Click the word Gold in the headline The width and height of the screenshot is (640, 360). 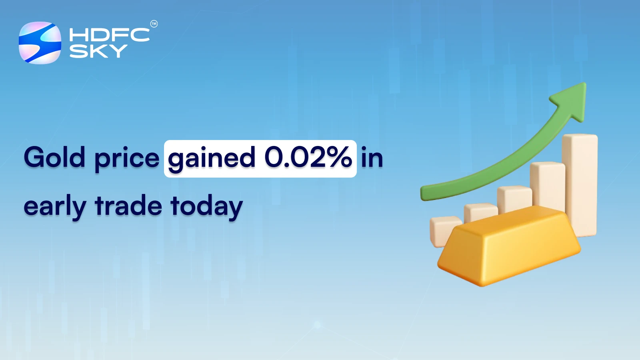pyautogui.click(x=54, y=157)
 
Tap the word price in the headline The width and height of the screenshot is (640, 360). pyautogui.click(x=127, y=158)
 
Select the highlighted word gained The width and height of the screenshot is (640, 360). pyautogui.click(x=212, y=158)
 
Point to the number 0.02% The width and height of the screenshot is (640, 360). pyautogui.click(x=308, y=157)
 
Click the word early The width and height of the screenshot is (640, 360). pyautogui.click(x=55, y=207)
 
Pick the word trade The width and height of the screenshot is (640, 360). pyautogui.click(x=128, y=206)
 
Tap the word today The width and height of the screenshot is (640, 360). pyautogui.click(x=206, y=207)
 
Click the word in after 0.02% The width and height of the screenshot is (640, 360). pyautogui.click(x=372, y=157)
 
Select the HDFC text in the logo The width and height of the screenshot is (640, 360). pyautogui.click(x=109, y=35)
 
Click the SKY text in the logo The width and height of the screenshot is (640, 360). pyautogui.click(x=98, y=51)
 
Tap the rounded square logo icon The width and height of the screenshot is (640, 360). pyautogui.click(x=40, y=43)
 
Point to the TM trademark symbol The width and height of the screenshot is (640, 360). pyautogui.click(x=154, y=24)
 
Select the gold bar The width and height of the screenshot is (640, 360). pyautogui.click(x=508, y=248)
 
